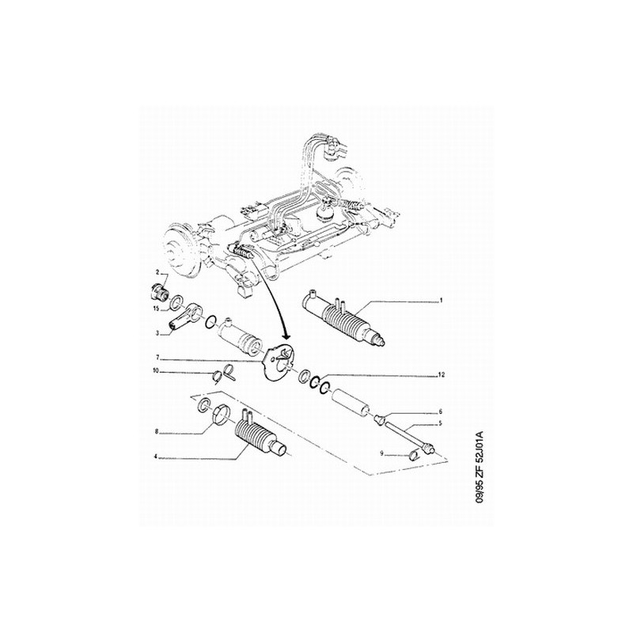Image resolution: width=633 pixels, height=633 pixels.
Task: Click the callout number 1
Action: [x=442, y=301]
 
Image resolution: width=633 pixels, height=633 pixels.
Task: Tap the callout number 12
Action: [x=442, y=375]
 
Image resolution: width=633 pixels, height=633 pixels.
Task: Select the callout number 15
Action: [x=156, y=309]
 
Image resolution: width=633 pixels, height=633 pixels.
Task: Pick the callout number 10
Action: [x=156, y=370]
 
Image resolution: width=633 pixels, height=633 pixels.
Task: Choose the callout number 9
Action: [x=381, y=454]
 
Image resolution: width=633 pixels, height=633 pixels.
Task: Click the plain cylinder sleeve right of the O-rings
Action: [x=351, y=402]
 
